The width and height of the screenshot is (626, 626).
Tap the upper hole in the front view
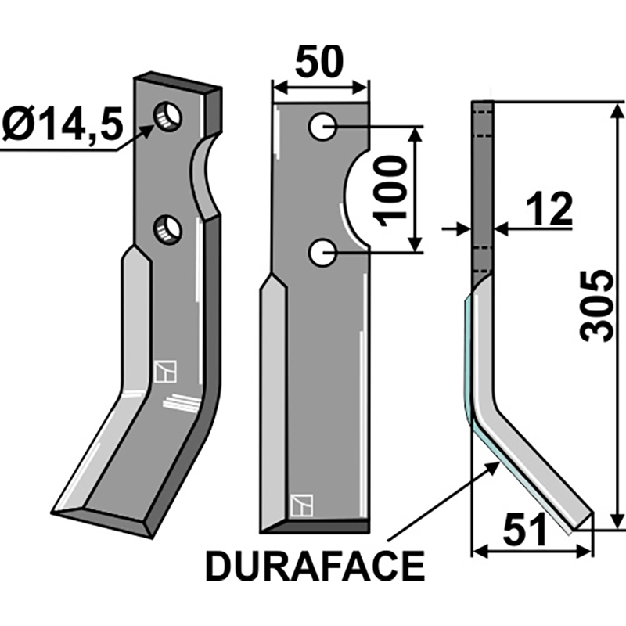tap(322, 126)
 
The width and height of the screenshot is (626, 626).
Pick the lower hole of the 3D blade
tap(167, 229)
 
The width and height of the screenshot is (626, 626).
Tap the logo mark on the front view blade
tap(300, 505)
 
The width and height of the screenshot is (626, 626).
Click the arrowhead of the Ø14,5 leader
tap(148, 130)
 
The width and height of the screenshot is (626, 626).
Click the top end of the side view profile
tap(483, 106)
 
